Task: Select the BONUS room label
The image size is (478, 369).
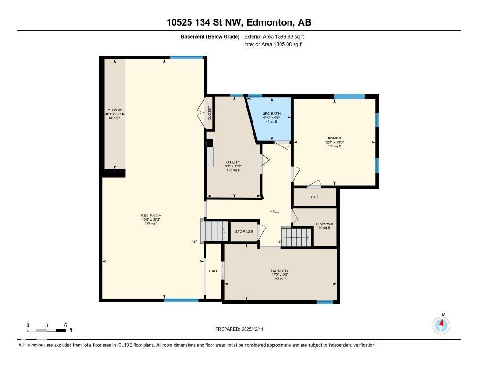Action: click(334, 142)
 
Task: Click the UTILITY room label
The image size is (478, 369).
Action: click(233, 166)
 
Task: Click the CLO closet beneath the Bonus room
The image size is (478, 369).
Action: click(315, 197)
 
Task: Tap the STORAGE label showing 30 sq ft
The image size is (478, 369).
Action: click(324, 226)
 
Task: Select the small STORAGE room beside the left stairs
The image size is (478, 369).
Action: click(244, 232)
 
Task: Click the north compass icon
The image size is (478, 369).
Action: click(441, 324)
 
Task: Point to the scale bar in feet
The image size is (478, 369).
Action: click(47, 330)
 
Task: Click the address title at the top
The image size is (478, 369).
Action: click(239, 22)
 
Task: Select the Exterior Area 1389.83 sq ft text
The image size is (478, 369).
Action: click(274, 36)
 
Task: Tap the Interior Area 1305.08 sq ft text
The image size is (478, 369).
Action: click(273, 44)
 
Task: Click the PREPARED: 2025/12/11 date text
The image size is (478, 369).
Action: click(242, 329)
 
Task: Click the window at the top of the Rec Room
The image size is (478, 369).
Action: click(186, 57)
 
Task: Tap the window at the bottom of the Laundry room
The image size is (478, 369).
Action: click(325, 302)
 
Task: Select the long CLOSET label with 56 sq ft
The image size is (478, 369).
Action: click(114, 114)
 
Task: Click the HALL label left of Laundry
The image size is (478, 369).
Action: click(213, 271)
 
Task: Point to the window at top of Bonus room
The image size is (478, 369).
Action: click(349, 97)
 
